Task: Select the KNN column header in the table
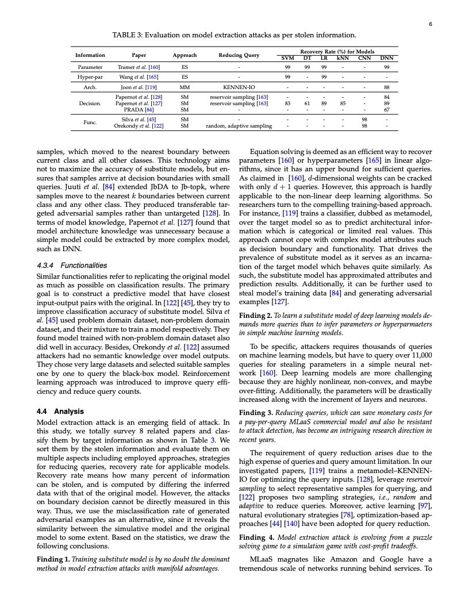pos(343,58)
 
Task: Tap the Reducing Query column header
pos(239,55)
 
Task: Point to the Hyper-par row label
pos(90,76)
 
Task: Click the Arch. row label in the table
pos(90,87)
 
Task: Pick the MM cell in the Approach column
pos(184,87)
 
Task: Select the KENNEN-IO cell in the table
pos(239,87)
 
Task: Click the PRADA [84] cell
pos(139,109)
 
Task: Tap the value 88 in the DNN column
pos(387,87)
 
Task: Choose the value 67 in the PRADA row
pos(387,109)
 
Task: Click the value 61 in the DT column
pos(307,103)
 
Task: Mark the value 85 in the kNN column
pos(343,103)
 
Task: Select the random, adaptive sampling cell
pos(239,126)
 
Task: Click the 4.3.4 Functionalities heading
pos(71,266)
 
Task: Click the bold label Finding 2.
pos(256,316)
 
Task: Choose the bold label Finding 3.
pos(256,412)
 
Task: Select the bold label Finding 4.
pos(256,537)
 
